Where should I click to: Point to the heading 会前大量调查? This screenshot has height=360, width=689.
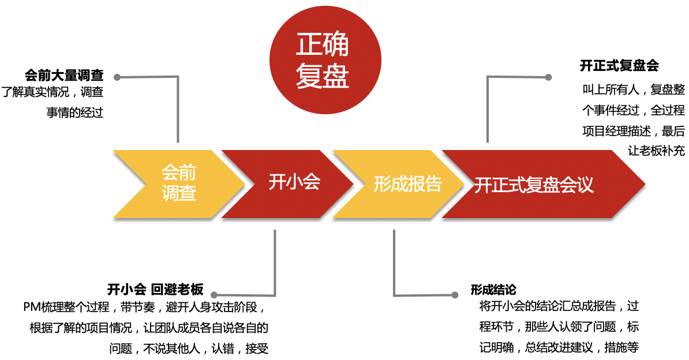click(64, 76)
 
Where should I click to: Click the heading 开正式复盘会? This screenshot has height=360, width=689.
click(619, 66)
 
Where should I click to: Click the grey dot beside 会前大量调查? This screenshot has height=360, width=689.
click(117, 77)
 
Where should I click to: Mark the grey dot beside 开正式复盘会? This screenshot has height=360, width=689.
click(548, 76)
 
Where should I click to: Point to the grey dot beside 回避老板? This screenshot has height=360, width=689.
click(215, 294)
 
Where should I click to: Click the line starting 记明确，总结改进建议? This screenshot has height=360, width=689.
click(559, 348)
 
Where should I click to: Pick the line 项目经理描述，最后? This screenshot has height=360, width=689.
click(633, 131)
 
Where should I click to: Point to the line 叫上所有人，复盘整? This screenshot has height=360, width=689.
click(633, 90)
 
